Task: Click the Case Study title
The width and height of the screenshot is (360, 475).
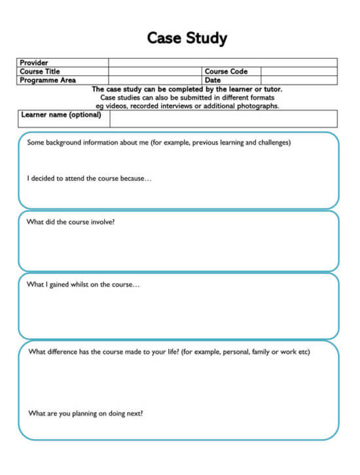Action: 187,38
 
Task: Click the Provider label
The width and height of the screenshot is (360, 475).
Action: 34,63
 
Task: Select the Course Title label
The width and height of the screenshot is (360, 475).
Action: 40,71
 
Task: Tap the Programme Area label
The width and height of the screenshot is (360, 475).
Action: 48,80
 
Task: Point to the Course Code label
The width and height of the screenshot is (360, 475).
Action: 226,71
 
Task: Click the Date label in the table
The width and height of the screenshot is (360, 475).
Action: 213,80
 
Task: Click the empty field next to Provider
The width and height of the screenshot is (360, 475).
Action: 223,63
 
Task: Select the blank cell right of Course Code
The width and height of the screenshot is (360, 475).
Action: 298,71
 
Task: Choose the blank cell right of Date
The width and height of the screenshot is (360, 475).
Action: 298,80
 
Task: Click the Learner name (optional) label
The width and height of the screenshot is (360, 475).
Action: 61,114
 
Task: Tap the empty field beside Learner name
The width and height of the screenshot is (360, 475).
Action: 223,118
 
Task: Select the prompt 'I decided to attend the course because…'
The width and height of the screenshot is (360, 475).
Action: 89,178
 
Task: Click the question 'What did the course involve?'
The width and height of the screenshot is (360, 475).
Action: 71,222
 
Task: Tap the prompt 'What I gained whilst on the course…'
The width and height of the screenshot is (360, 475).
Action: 82,285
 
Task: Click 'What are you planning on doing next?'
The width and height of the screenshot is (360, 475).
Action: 86,413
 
